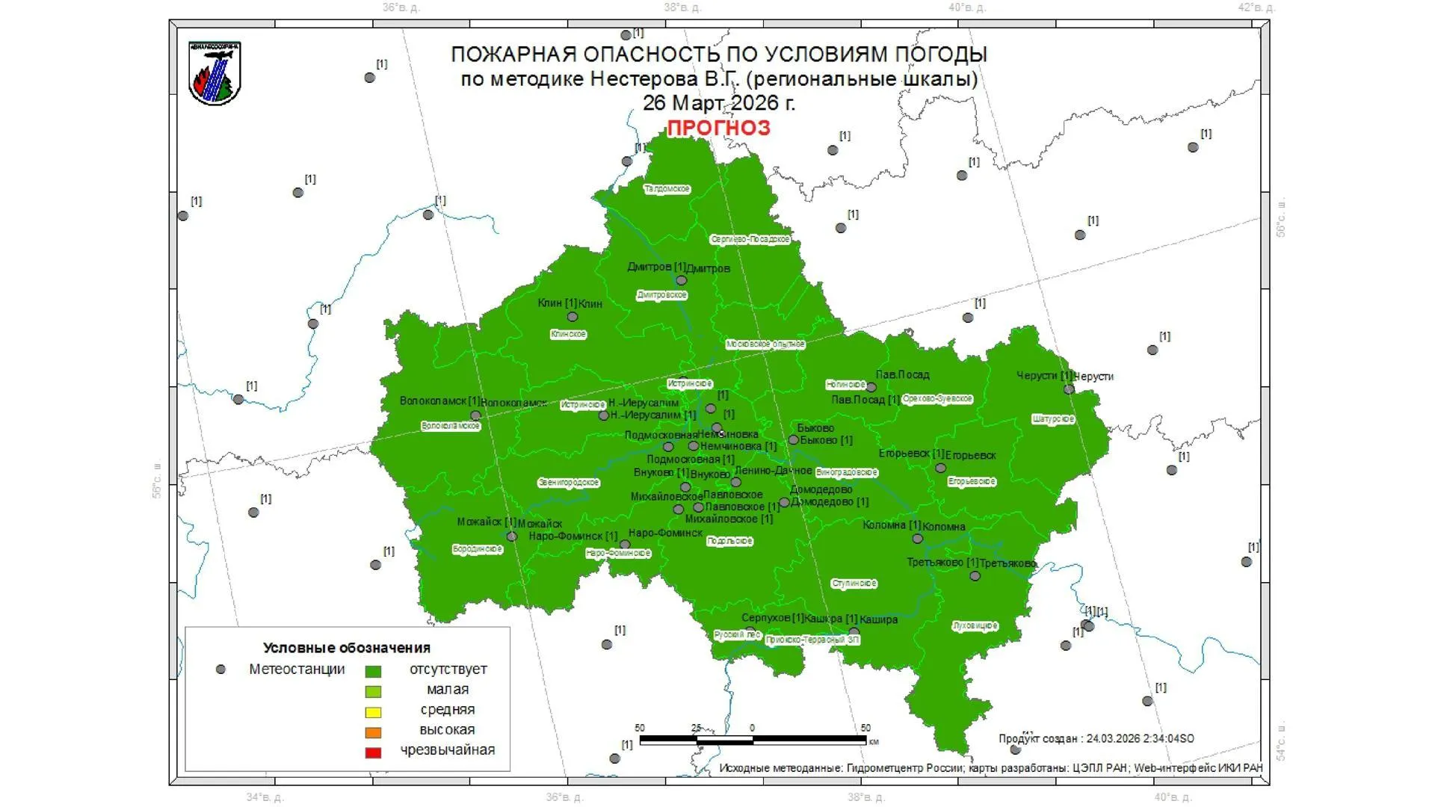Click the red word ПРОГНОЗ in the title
pyautogui.click(x=718, y=128)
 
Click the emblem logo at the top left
pyautogui.click(x=215, y=73)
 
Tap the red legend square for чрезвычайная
pyautogui.click(x=373, y=752)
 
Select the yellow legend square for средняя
pyautogui.click(x=373, y=712)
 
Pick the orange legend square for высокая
pyautogui.click(x=373, y=732)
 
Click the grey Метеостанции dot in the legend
pyautogui.click(x=220, y=670)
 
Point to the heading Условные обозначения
pyautogui.click(x=347, y=648)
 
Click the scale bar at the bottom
pyautogui.click(x=753, y=740)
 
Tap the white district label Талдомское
pyautogui.click(x=667, y=189)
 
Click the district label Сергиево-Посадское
pyautogui.click(x=750, y=239)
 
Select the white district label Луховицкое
pyautogui.click(x=975, y=625)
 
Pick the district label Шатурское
pyautogui.click(x=1053, y=419)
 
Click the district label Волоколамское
pyautogui.click(x=451, y=426)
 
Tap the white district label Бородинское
pyautogui.click(x=478, y=549)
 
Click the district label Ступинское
pyautogui.click(x=854, y=584)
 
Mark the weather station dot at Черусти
pyautogui.click(x=1069, y=389)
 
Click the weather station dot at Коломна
pyautogui.click(x=918, y=539)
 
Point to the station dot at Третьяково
pyautogui.click(x=975, y=576)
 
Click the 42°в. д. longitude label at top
pyautogui.click(x=1256, y=7)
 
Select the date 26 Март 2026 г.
pyautogui.click(x=718, y=102)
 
